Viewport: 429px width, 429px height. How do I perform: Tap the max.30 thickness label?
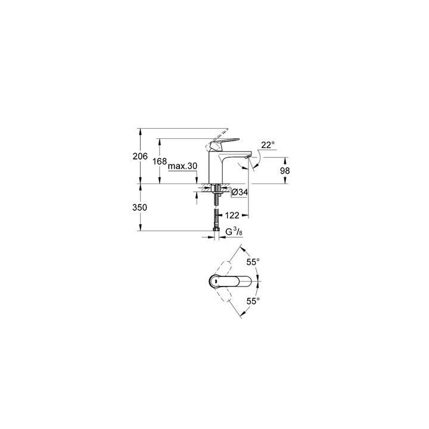182,167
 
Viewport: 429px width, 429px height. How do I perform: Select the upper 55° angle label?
253,262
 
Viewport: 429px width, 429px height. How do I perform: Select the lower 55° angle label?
253,301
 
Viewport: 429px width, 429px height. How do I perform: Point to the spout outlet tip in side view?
246,158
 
